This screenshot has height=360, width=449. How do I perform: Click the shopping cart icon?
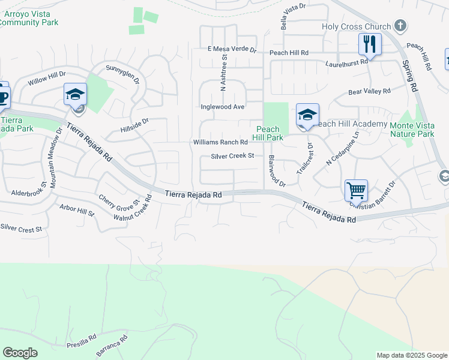[356, 191]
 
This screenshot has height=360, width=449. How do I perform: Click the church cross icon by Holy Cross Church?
[400, 26]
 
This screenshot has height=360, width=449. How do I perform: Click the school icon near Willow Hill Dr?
[75, 95]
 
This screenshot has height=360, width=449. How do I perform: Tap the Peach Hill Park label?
[268, 133]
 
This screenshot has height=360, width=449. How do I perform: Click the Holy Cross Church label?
[356, 26]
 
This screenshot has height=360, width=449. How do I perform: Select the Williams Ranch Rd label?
[220, 142]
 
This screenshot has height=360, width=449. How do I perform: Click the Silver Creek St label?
[233, 156]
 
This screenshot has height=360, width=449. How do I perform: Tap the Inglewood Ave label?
[222, 107]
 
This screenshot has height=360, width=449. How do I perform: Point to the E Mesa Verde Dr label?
[232, 50]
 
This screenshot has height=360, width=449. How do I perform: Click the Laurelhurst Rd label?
[346, 62]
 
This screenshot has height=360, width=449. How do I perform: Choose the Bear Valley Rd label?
[370, 92]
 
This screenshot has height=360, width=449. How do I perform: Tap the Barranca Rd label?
[112, 346]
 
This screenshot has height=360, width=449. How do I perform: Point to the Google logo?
[20, 353]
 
